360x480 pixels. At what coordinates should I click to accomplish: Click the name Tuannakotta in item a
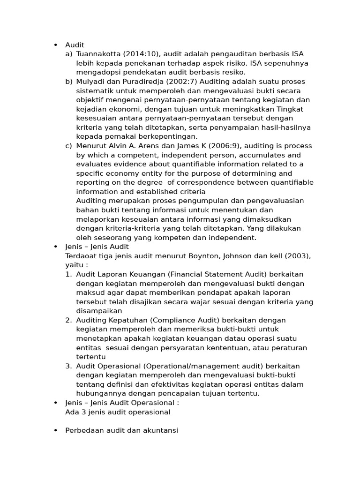(98, 54)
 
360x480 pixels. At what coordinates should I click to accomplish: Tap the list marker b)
(69, 82)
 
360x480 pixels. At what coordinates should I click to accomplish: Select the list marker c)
(69, 146)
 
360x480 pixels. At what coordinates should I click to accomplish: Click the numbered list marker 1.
(68, 274)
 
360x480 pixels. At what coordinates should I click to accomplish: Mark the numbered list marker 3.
(68, 366)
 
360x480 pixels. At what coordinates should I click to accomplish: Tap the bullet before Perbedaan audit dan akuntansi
(56, 430)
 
